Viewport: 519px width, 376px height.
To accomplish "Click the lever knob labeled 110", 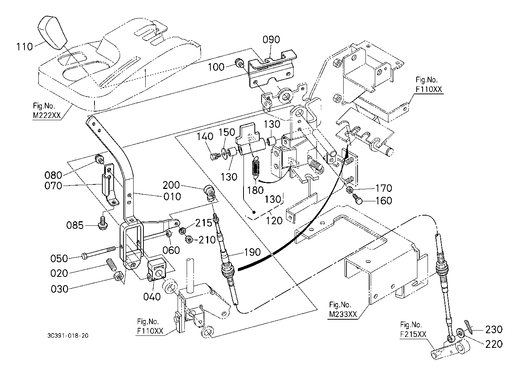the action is (x=52, y=32).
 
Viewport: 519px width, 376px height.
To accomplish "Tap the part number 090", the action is (x=271, y=39).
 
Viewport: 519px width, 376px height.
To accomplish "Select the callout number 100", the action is (x=216, y=67).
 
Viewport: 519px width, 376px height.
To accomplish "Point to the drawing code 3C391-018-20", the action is (x=68, y=335).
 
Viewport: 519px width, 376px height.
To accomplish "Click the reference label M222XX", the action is (x=47, y=115).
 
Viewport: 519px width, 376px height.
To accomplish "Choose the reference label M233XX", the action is (x=343, y=314).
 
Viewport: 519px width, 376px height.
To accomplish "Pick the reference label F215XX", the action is (x=413, y=334).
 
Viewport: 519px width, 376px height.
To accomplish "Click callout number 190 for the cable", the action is (x=252, y=252).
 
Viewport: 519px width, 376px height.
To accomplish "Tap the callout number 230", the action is (x=494, y=329).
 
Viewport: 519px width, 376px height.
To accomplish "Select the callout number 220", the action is (x=494, y=344).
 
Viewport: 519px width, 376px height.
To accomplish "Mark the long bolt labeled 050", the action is (x=99, y=252).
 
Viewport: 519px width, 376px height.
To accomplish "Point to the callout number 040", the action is (x=152, y=297).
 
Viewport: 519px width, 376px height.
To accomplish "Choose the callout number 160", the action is (x=384, y=201).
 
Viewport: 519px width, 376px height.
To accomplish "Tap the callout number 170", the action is (x=384, y=188).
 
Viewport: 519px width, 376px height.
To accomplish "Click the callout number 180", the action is (x=255, y=190).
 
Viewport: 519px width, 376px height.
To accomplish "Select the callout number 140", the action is (x=205, y=136).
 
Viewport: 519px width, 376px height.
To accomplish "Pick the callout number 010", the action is (x=172, y=196).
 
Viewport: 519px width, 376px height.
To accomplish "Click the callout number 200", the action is (x=171, y=185).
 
